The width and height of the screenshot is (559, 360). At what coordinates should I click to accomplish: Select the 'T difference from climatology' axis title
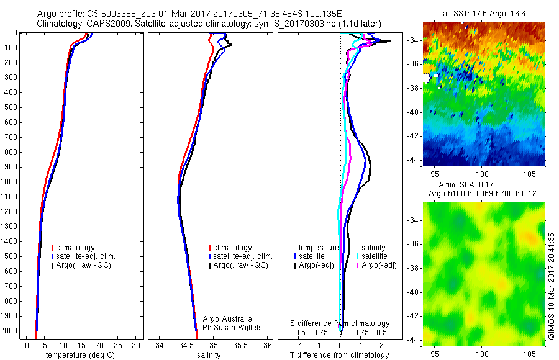339,355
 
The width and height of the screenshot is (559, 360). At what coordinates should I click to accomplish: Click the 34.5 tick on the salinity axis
187,345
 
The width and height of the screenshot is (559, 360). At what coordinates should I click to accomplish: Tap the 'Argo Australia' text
227,318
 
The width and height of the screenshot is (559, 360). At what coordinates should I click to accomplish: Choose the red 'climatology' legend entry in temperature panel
76,247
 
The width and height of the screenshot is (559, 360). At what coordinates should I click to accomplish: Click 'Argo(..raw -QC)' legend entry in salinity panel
240,265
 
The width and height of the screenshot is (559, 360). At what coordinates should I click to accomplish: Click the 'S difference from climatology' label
340,323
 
